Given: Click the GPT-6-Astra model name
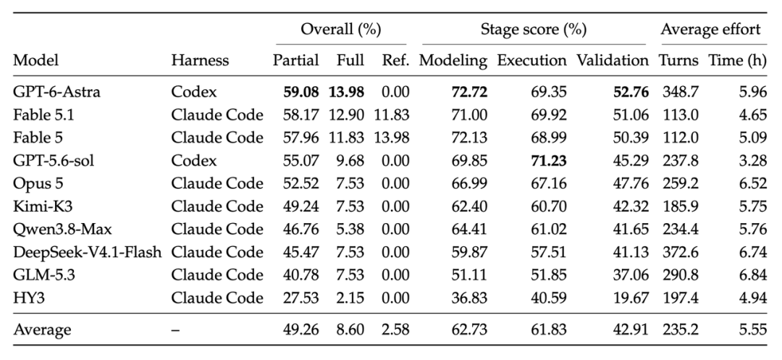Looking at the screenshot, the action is click(57, 92).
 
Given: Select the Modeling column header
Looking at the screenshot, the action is click(453, 60).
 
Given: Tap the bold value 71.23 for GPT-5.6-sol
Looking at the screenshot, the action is click(550, 161).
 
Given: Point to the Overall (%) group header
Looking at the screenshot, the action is click(340, 30).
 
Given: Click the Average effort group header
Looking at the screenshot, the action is click(711, 30).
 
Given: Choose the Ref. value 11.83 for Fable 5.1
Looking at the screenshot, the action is click(392, 114).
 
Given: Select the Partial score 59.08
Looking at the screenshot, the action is click(301, 92).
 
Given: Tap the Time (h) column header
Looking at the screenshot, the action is click(738, 60).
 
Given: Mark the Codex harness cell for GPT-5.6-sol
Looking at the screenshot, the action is click(194, 161).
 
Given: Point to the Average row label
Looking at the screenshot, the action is click(43, 330).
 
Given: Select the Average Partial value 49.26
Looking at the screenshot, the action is click(301, 330).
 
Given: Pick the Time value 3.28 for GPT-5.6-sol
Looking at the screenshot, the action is click(753, 161).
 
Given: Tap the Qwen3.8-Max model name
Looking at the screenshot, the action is click(63, 230).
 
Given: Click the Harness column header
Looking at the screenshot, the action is click(200, 60).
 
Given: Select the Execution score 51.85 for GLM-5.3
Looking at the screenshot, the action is click(550, 275).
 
